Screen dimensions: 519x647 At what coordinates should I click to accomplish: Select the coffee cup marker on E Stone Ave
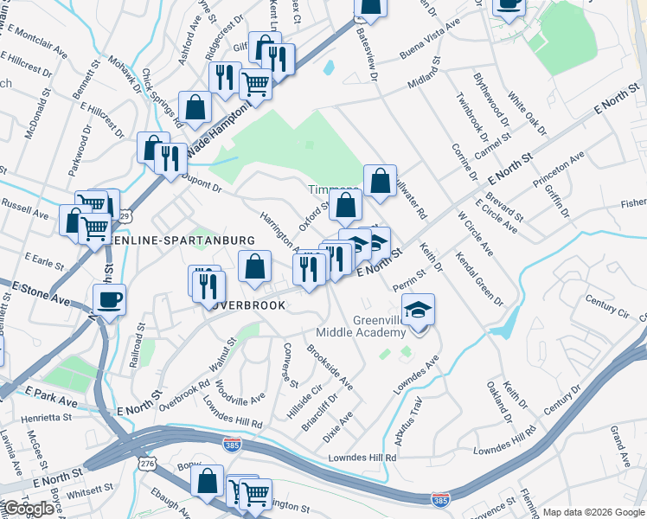(x=109, y=301)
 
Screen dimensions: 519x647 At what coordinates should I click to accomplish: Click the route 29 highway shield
(x=127, y=215)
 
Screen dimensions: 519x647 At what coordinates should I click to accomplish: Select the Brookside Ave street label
(x=330, y=366)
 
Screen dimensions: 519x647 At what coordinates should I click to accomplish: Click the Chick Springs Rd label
(x=162, y=99)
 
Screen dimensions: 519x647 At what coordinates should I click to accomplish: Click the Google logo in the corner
(x=29, y=509)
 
